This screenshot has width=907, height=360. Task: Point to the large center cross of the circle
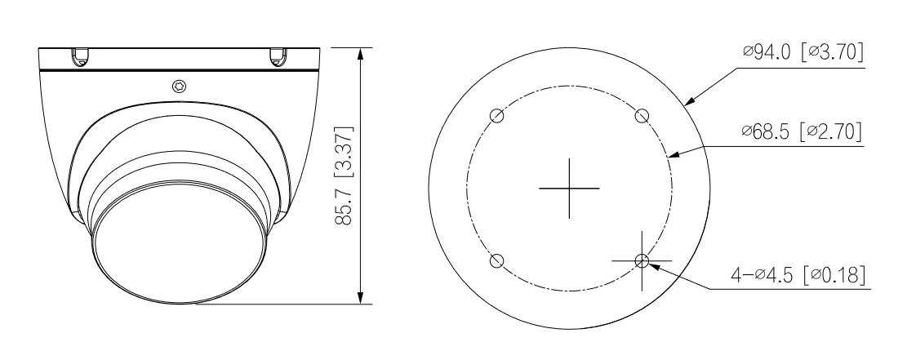point(569,188)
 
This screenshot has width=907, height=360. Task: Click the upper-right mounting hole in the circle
point(642,115)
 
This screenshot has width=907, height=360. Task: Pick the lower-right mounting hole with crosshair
point(642,260)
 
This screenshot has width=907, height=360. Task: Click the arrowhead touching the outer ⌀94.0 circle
point(687,103)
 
